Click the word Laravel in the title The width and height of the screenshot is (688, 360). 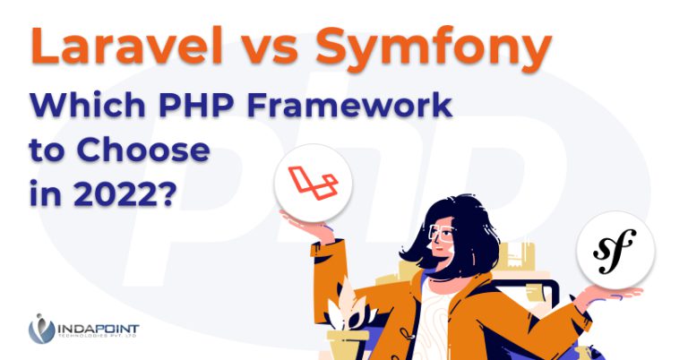coord(127,45)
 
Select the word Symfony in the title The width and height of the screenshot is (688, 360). coord(433,48)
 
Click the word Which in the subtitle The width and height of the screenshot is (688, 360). coord(87,105)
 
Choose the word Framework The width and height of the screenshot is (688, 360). coord(349,105)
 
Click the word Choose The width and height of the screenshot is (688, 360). coord(143,150)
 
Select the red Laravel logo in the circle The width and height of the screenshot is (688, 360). coord(313,183)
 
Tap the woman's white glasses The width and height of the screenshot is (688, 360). coord(442,233)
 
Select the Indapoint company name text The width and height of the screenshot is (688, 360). coord(98,329)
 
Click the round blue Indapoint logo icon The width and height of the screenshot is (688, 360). coord(41,329)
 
